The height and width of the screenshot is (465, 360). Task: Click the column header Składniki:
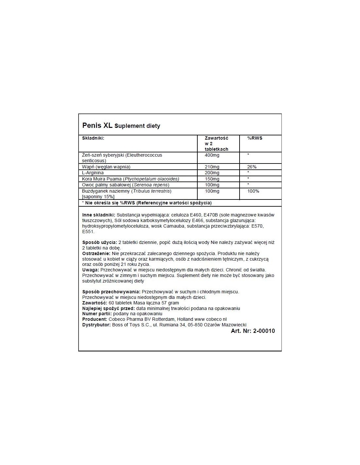point(93,138)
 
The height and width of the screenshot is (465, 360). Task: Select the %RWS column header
point(255,138)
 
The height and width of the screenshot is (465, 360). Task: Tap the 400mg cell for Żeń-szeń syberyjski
point(212,155)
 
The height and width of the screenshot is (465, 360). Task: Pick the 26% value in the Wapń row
point(252,167)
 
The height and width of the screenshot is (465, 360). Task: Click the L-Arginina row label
point(93,173)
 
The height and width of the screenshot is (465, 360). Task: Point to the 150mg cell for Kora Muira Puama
point(212,179)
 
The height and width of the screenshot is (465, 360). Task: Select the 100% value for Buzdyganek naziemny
point(253,191)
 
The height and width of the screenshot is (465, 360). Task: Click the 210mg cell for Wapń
point(212,167)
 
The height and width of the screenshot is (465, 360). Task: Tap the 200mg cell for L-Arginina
point(212,173)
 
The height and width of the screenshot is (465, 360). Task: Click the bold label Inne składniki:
point(99,215)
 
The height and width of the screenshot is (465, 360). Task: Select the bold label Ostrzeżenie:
point(96,253)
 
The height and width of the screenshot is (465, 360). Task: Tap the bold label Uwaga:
point(91,270)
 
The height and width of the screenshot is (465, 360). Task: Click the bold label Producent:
point(95,319)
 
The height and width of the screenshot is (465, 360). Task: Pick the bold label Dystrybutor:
point(97,325)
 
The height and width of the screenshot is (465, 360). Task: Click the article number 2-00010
point(264,331)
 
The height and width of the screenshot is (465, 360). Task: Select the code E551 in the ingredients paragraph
point(88,232)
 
